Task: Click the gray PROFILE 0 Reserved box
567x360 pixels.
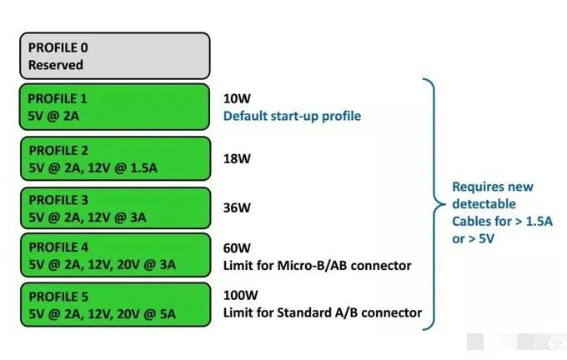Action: point(114,56)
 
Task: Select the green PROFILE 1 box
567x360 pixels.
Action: point(114,107)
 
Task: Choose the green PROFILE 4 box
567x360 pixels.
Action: point(114,257)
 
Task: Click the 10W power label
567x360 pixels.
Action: point(235,98)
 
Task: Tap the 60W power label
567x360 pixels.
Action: point(235,248)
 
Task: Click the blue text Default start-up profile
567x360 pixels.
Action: point(292,116)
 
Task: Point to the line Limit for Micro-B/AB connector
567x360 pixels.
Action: point(318,266)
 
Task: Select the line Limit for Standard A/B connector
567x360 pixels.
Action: point(322,313)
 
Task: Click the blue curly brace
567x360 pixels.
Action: point(431,202)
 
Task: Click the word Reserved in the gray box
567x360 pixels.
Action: point(56,64)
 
